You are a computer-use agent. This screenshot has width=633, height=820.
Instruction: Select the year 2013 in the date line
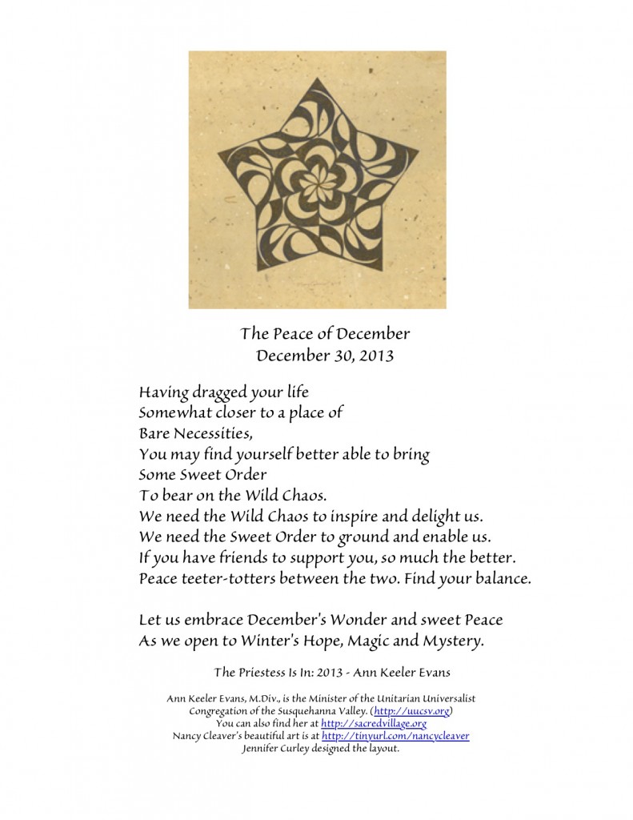click(375, 356)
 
